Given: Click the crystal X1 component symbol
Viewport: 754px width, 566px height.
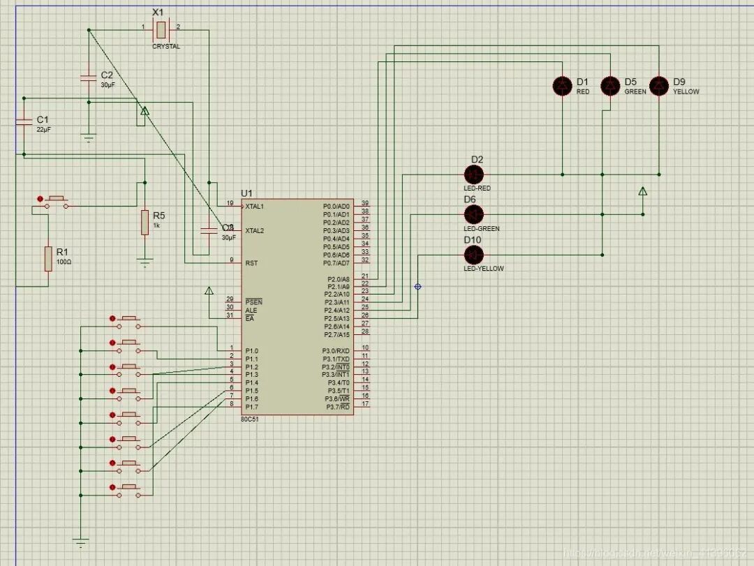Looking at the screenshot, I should coord(161,29).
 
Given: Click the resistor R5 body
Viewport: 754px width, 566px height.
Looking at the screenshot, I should coord(145,222).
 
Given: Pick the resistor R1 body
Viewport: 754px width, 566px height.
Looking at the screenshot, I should coord(48,258).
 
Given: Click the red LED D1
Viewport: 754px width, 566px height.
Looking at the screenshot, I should coord(562,86).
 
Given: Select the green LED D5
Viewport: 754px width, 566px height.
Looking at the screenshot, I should coord(610,86).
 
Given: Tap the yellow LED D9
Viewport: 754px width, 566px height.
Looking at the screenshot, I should coord(658,86).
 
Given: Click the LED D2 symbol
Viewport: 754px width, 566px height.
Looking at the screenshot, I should coord(474,174).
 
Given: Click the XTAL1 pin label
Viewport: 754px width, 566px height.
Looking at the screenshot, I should coord(255,207).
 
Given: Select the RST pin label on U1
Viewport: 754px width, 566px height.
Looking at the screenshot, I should coord(251,263).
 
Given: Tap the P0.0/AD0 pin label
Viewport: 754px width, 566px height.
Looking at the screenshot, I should coord(337,207).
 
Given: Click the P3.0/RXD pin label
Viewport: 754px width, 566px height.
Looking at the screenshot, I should coord(337,350).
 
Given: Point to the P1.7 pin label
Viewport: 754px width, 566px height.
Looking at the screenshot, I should coord(252,407).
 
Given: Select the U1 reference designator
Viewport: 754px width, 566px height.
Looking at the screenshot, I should coord(247,193).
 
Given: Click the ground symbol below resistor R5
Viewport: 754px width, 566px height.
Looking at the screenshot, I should coord(145,264).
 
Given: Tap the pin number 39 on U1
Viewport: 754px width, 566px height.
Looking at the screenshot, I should coord(365,203).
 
